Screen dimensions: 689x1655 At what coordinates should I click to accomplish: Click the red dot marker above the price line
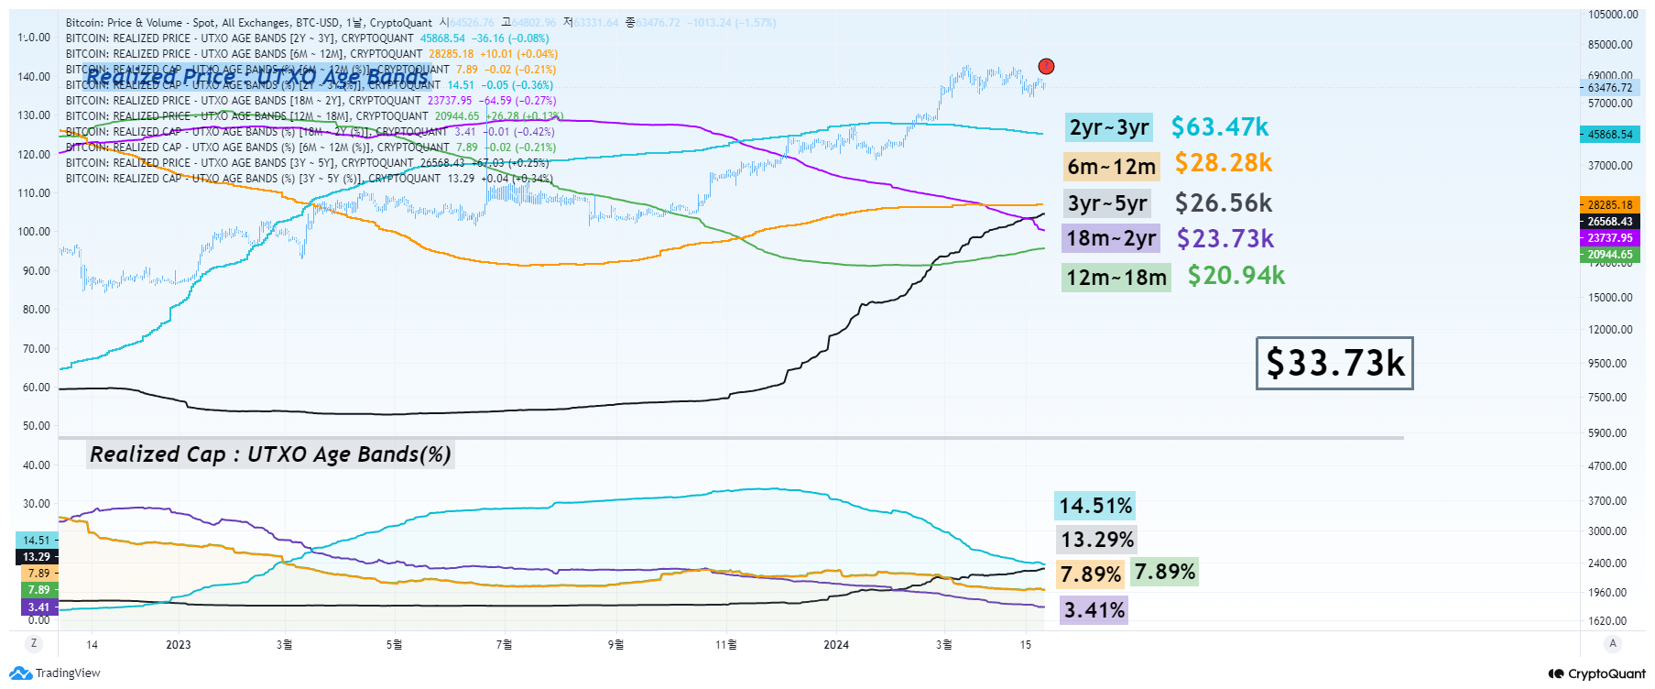[x=1046, y=66]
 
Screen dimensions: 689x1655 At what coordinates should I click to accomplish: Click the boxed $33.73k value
[x=1334, y=363]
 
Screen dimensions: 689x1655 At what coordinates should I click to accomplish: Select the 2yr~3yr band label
[x=1108, y=127]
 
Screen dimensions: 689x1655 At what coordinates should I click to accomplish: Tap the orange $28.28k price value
[x=1224, y=163]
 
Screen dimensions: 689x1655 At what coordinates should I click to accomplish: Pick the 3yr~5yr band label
[x=1107, y=203]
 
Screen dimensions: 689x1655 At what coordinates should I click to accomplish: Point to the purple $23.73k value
[x=1225, y=239]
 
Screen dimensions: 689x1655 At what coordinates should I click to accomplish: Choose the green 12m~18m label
[x=1116, y=277]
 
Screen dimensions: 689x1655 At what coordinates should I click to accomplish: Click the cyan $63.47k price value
[x=1220, y=127]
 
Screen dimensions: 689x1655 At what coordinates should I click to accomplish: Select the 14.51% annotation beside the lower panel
[x=1095, y=506]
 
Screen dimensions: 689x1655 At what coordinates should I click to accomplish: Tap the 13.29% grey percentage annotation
[x=1097, y=540]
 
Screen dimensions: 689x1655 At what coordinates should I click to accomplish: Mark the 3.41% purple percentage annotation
[x=1094, y=610]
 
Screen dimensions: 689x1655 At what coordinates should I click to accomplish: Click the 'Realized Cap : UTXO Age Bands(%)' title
[x=270, y=454]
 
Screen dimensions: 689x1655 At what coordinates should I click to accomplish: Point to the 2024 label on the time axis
[x=836, y=645]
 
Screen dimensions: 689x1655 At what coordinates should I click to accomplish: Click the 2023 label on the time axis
[x=179, y=645]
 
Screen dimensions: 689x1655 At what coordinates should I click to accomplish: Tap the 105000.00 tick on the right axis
[x=1613, y=15]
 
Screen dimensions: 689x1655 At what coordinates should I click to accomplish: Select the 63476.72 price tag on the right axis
[x=1610, y=88]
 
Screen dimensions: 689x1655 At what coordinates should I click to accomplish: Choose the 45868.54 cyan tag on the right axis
[x=1610, y=135]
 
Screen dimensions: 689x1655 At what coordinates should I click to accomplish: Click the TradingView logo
[x=55, y=673]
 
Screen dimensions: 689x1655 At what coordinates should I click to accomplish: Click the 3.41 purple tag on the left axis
[x=38, y=607]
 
